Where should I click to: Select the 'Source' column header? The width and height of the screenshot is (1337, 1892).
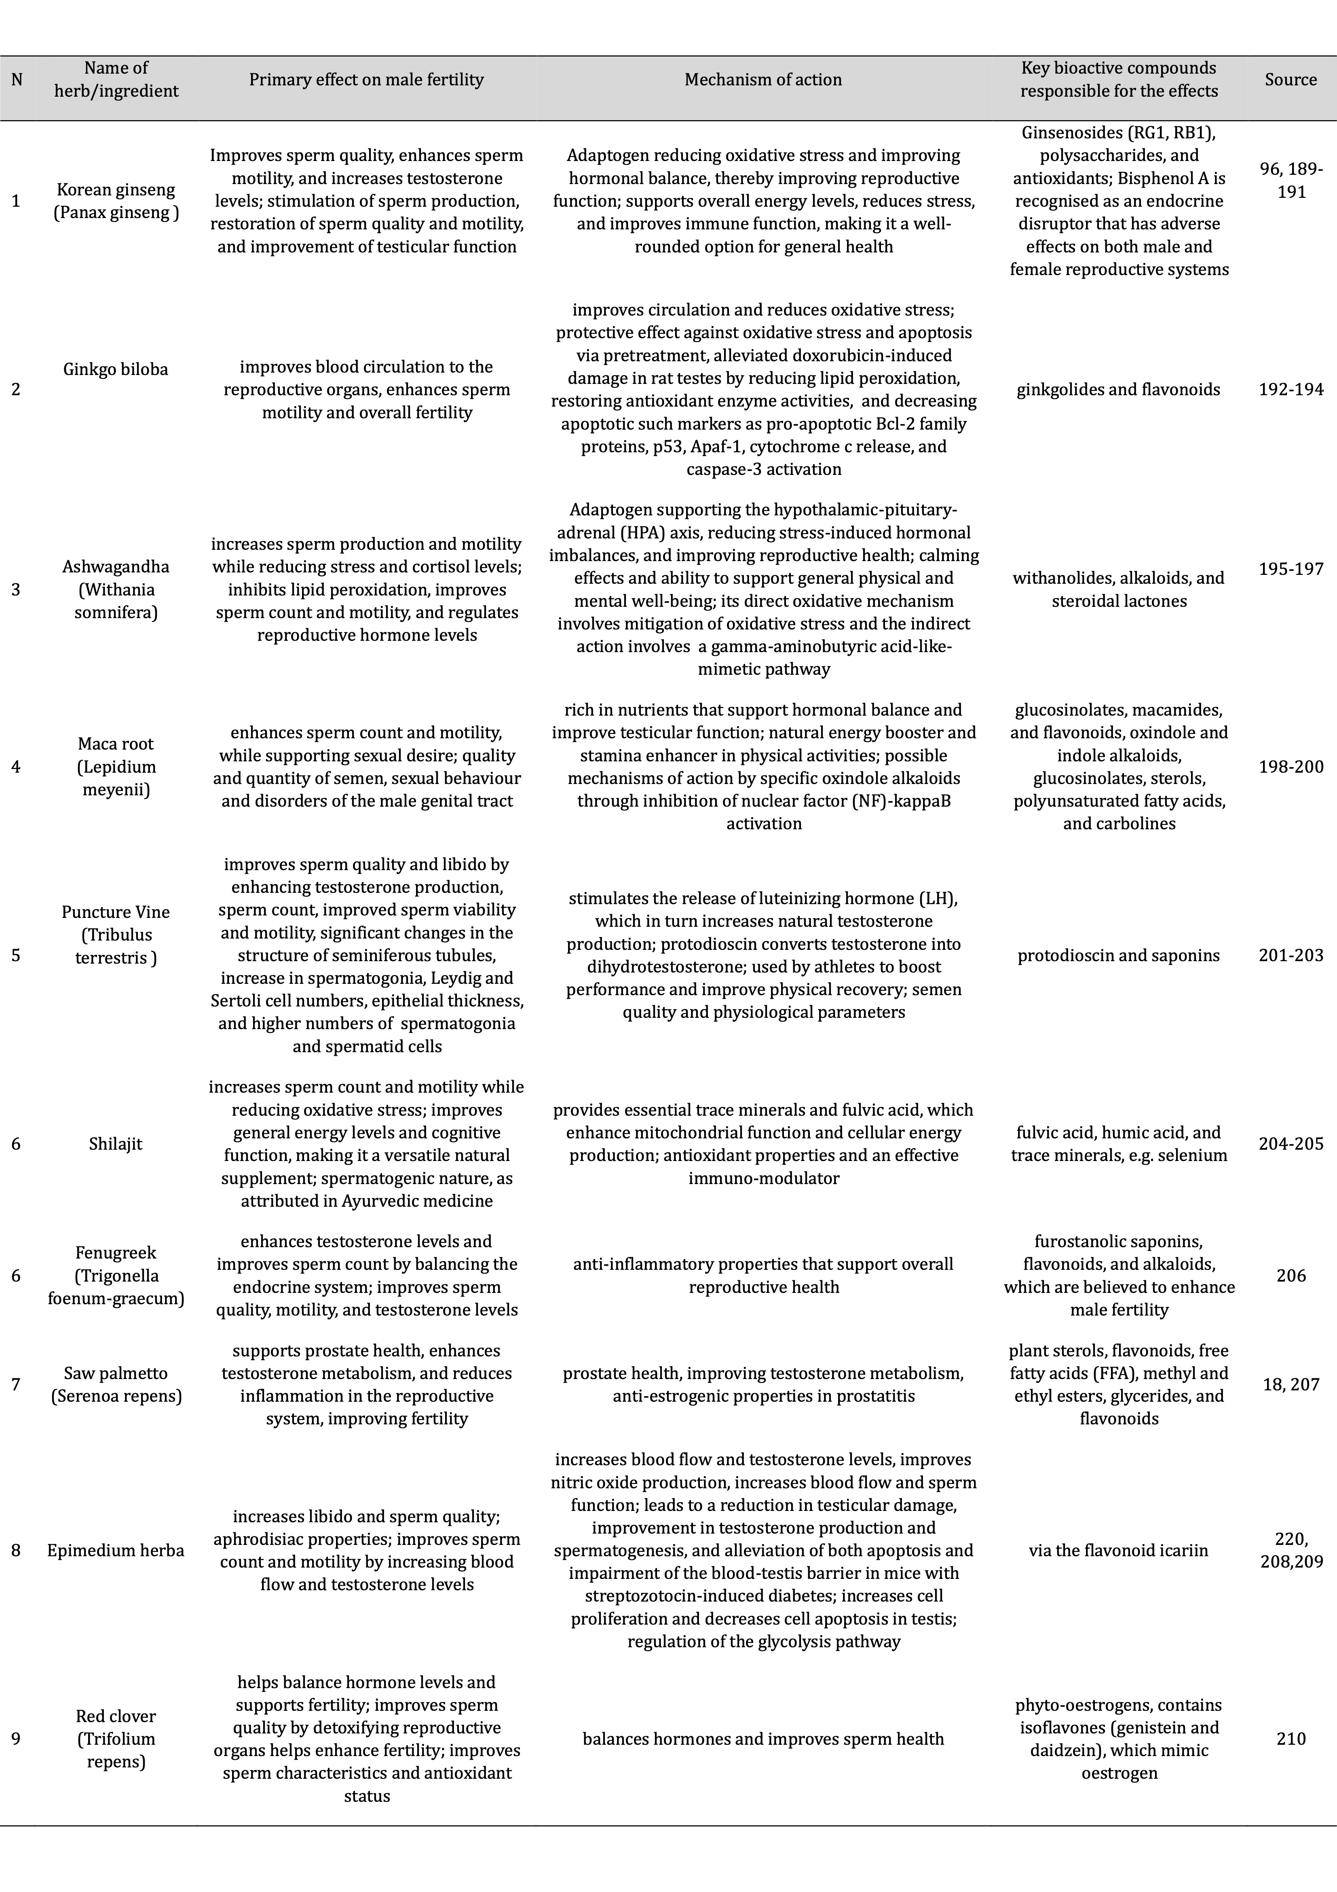pyautogui.click(x=1290, y=80)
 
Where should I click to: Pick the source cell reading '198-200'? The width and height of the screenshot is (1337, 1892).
pyautogui.click(x=1290, y=766)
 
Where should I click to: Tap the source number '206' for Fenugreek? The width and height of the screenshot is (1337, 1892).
pyautogui.click(x=1290, y=1275)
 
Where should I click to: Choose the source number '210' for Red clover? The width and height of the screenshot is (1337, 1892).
pyautogui.click(x=1290, y=1739)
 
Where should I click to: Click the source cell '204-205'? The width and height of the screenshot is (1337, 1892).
pyautogui.click(x=1290, y=1144)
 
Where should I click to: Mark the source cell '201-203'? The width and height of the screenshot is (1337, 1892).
pyautogui.click(x=1290, y=956)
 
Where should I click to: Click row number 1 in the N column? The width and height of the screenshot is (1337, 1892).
pyautogui.click(x=16, y=201)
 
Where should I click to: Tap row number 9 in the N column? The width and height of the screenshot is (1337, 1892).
pyautogui.click(x=16, y=1739)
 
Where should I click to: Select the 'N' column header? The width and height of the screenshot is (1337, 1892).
pyautogui.click(x=17, y=80)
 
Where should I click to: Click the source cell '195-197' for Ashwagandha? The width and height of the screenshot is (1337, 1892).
pyautogui.click(x=1290, y=569)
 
